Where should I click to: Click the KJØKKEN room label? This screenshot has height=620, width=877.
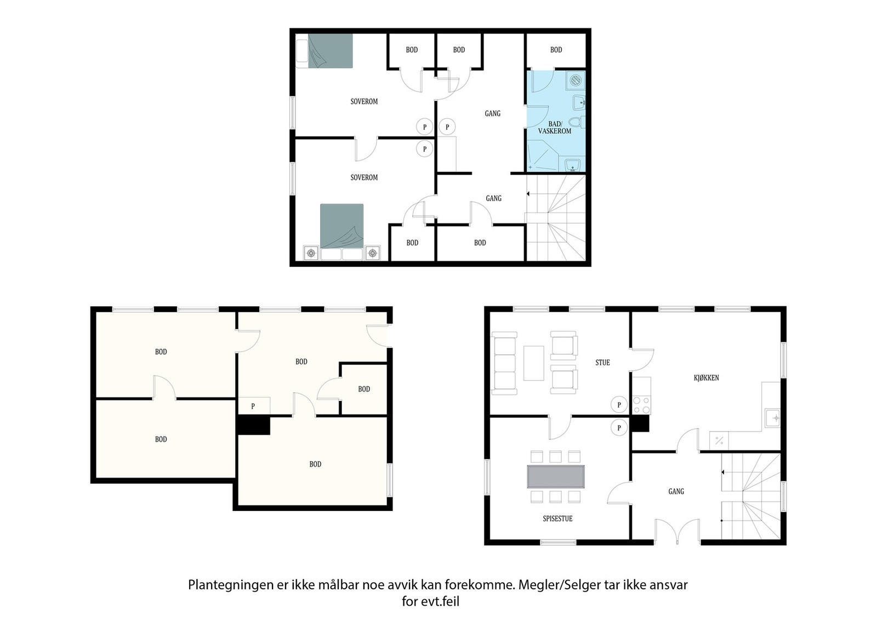706,378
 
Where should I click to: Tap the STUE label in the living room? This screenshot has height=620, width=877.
602,363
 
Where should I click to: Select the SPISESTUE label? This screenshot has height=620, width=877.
557,519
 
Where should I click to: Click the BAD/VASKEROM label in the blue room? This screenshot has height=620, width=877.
555,128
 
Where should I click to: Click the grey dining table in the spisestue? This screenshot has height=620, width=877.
556,477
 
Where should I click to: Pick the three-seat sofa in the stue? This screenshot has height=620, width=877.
504,363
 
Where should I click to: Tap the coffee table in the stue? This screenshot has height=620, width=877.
533,363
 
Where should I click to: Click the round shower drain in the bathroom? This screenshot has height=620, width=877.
575,81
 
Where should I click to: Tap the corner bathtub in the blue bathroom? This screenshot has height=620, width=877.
543,156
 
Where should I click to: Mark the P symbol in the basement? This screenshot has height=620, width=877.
253,406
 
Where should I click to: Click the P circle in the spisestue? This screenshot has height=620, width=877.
619,427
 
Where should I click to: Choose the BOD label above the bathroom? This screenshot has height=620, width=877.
556,50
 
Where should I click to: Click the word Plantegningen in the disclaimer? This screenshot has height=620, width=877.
227,585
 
